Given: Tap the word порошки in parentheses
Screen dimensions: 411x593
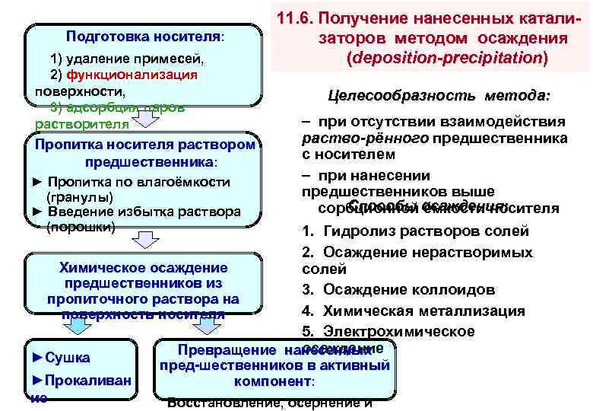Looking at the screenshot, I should tap(81, 226).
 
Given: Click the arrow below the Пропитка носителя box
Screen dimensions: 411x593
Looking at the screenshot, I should tap(145, 241).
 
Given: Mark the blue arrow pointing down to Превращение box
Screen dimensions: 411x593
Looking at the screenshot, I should tap(205, 326).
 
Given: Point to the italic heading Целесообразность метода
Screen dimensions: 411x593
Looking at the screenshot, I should tap(439, 96).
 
